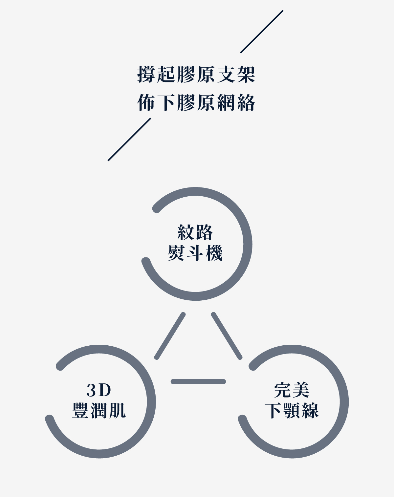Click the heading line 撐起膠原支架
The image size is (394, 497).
(196, 75)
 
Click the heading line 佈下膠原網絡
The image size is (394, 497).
(196, 103)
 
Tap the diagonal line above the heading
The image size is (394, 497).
(262, 32)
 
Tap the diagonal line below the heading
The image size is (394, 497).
(129, 140)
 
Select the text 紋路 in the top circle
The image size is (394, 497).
(195, 233)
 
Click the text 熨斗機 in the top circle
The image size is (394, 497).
(195, 253)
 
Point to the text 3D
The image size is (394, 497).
(99, 390)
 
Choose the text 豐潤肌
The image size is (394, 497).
(99, 410)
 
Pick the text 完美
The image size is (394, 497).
(292, 390)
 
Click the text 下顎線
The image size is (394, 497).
(292, 410)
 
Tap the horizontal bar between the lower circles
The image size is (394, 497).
(198, 381)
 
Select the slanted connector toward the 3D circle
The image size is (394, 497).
(170, 336)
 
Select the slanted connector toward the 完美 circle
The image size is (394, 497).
(227, 336)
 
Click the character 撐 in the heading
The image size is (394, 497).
(146, 75)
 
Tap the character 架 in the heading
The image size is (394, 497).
(247, 75)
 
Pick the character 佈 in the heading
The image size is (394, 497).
(146, 103)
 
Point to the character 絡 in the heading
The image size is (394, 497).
(247, 103)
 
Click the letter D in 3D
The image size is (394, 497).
(105, 390)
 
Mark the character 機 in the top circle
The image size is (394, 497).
(214, 253)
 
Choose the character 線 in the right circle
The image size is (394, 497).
(310, 410)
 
